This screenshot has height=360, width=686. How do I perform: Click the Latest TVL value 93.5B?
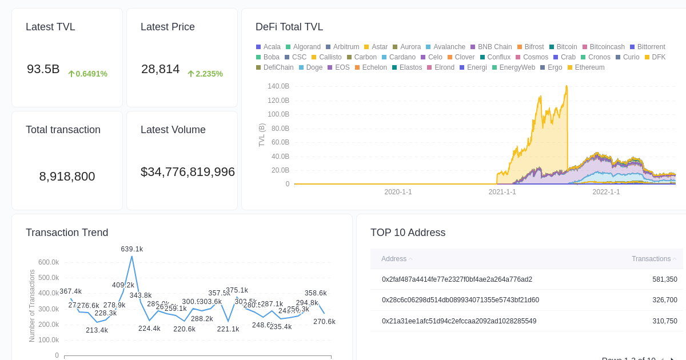[x=43, y=69]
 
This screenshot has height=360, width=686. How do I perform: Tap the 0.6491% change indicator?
[x=87, y=74]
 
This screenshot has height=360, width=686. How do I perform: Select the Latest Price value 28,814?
[x=160, y=69]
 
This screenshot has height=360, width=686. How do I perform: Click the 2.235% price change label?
[x=205, y=74]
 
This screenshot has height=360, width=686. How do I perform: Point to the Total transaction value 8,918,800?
[x=67, y=177]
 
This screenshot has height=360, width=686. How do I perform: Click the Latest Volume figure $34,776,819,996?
[x=188, y=172]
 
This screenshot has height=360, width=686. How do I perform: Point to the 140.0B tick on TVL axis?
[x=278, y=86]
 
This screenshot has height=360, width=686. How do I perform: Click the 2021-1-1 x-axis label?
[x=502, y=192]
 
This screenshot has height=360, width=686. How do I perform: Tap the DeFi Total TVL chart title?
[x=289, y=27]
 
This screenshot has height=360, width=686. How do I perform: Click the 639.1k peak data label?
[x=132, y=249]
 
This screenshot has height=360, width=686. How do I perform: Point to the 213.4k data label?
[x=97, y=330]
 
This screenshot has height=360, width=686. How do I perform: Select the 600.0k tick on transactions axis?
[x=49, y=262]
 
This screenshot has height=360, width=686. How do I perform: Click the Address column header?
[x=394, y=259]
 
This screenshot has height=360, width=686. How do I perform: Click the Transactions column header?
[x=651, y=259]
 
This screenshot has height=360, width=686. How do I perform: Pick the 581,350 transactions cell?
[x=664, y=279]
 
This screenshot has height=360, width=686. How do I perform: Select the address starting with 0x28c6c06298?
[x=460, y=300]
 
